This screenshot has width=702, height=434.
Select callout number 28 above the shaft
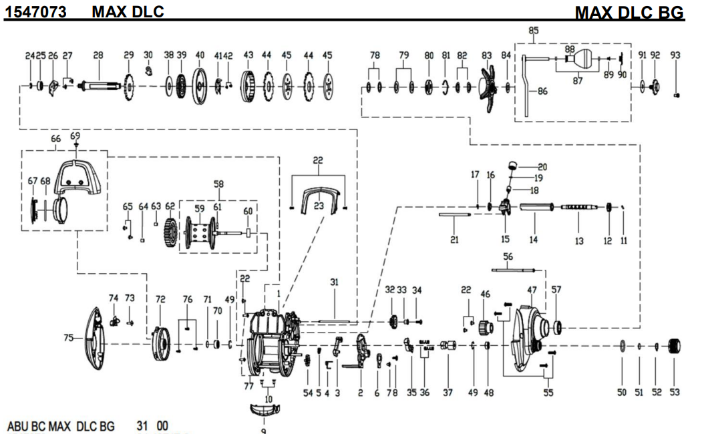click(99, 55)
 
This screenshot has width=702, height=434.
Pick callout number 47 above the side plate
click(532, 290)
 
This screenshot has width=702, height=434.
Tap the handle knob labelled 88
click(570, 59)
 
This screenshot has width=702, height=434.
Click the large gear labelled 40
click(200, 85)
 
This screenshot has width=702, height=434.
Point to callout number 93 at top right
click(675, 55)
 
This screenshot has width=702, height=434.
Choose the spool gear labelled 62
click(170, 231)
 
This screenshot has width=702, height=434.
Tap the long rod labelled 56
click(514, 270)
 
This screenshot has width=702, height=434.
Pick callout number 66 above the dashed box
click(55, 139)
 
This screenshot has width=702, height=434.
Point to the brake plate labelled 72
click(160, 341)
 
